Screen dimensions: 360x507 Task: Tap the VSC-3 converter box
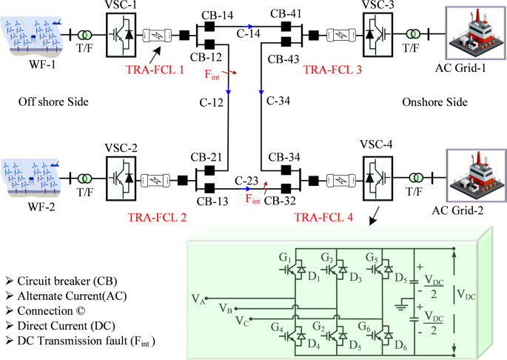[x=378, y=34]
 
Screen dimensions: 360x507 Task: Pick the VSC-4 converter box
[x=378, y=179]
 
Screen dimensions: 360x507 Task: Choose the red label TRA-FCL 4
[x=324, y=217]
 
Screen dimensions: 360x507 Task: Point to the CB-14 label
[x=214, y=14]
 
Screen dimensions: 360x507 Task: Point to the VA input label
[x=198, y=298]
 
